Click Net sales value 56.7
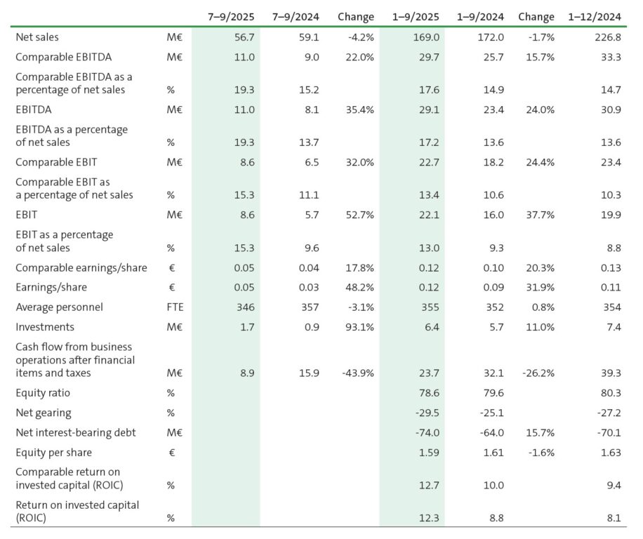coord(244,36)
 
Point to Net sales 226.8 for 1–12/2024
coord(606,36)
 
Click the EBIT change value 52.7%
coord(359,215)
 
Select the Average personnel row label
coord(59,307)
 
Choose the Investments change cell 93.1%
coord(359,326)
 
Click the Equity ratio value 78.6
coord(430,393)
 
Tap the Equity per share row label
coord(53,453)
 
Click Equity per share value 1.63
coord(610,453)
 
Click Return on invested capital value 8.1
coord(612,518)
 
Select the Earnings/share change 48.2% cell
coord(359,287)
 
